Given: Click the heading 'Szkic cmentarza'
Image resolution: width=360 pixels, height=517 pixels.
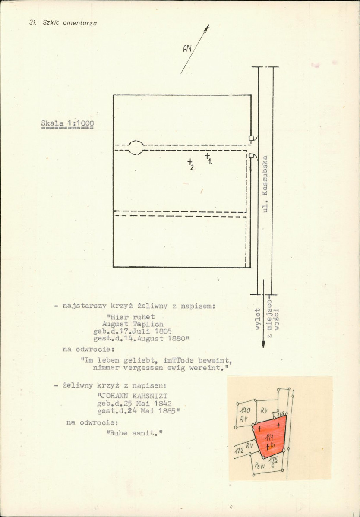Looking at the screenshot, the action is point(69,23).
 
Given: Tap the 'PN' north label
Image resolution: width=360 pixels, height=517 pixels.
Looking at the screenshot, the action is point(187,49).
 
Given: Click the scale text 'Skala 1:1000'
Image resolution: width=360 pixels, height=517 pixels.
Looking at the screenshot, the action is point(68,124).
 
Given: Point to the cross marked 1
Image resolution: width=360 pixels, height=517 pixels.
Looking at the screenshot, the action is point(207,155).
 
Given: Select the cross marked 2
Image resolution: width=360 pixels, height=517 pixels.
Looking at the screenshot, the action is point(190,161).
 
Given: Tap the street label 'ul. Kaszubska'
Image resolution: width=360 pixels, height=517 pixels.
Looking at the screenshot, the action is point(265,184).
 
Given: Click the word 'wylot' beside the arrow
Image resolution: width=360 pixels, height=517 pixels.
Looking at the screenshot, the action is point(258,319).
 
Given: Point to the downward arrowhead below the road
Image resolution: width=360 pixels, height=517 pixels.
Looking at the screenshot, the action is point(263,344).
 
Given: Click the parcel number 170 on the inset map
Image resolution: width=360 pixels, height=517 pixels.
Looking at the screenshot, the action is point(244,411).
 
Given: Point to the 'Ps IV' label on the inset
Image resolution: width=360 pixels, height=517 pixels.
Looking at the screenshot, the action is point(259,466).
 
